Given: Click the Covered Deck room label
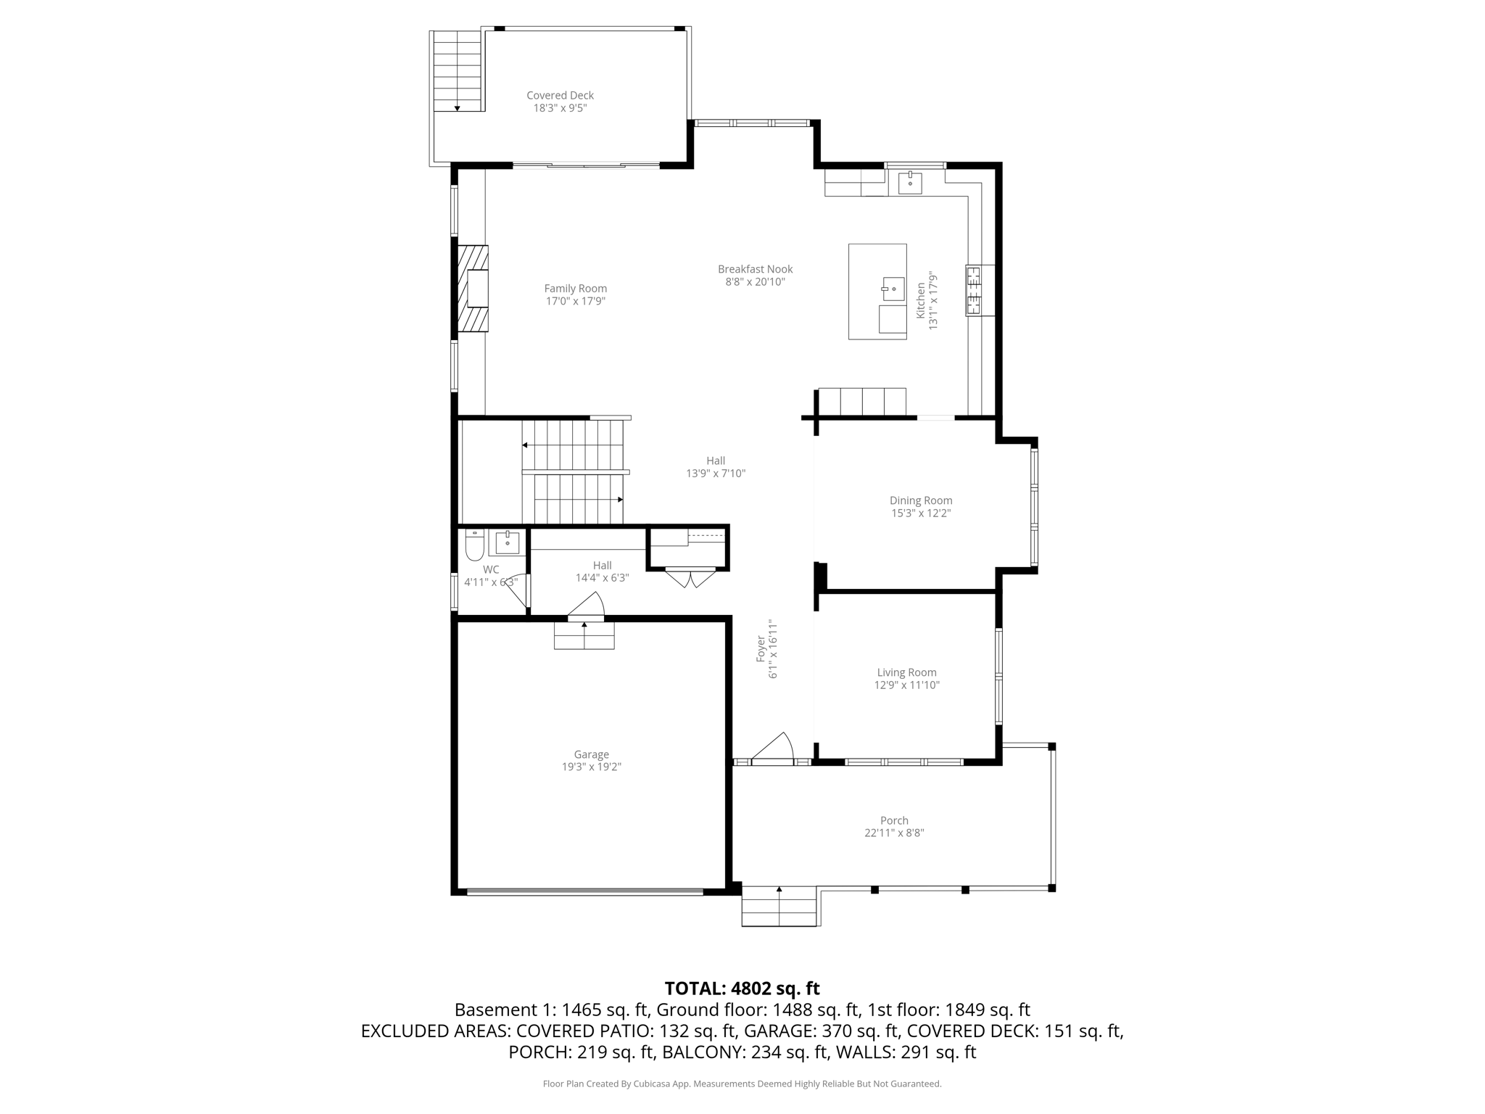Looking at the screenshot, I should [560, 95].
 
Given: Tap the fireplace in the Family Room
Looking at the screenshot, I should [473, 289].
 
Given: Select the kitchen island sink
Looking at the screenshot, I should [893, 289].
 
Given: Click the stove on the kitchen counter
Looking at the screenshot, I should [973, 290].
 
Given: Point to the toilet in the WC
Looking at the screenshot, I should [474, 545].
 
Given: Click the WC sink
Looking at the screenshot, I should [507, 542].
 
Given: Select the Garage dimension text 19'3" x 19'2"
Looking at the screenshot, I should [591, 767].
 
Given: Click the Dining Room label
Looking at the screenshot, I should [921, 500].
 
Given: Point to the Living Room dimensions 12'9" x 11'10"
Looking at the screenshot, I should [906, 685].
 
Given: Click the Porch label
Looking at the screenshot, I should [894, 820].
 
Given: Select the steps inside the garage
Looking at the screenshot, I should [584, 636].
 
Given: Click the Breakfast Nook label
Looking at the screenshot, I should [755, 269].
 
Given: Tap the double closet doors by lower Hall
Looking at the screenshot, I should [690, 579].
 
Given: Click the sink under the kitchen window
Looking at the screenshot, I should [909, 183].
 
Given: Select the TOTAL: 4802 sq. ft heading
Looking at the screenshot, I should [742, 989].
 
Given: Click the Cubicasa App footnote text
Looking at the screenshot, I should [742, 1084].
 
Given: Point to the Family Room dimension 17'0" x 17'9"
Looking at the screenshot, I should [575, 301].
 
